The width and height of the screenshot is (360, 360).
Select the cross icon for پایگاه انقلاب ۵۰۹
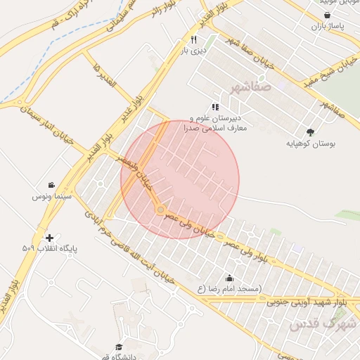pyautogui.click(x=49, y=238)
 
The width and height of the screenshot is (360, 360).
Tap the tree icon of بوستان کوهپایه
pyautogui.click(x=310, y=131)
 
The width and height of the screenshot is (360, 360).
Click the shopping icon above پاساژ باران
pyautogui.click(x=327, y=15)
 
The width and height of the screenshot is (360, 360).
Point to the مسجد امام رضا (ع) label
pyautogui.click(x=230, y=289)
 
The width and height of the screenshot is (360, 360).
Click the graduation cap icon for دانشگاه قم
pyautogui.click(x=119, y=347)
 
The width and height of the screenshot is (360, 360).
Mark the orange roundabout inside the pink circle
pyautogui.click(x=161, y=210)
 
